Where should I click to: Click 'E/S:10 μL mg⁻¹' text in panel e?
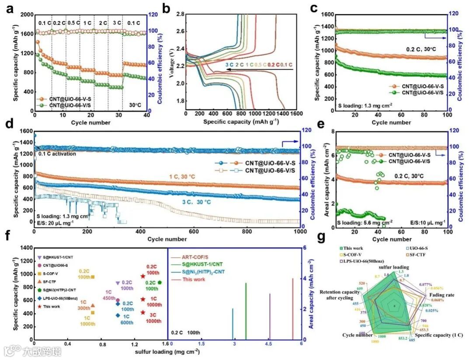coord(426,223)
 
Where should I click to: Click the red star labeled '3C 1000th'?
coord(143,312)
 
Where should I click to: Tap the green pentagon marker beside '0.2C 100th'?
coord(160,283)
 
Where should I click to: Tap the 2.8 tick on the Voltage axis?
coord(179,14)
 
